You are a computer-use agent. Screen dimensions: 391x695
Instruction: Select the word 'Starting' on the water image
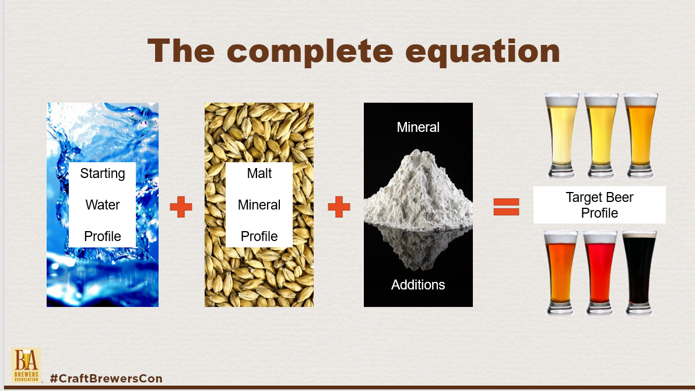(x=103, y=173)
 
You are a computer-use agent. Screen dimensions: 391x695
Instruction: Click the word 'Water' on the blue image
(x=103, y=205)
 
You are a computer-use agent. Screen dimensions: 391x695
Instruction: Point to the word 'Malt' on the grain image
(x=259, y=173)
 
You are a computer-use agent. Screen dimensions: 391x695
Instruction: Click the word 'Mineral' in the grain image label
(x=259, y=205)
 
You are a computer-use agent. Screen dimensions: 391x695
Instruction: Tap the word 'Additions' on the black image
(x=418, y=285)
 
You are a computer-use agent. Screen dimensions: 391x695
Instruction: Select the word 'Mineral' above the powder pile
(x=418, y=127)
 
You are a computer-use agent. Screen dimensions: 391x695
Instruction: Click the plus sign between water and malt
(x=181, y=207)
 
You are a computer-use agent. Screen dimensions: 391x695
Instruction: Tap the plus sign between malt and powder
(x=339, y=207)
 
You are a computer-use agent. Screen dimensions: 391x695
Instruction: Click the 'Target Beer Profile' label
(x=599, y=205)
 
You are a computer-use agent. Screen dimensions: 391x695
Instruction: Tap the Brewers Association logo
(x=26, y=365)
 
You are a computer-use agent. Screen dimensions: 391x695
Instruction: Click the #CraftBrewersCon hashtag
(x=106, y=379)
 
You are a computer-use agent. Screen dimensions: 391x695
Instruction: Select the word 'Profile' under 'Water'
(x=103, y=236)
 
